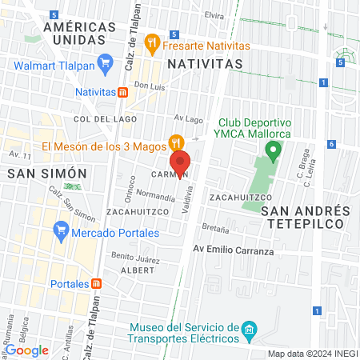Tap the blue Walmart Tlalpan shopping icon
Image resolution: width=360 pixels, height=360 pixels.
pyautogui.click(x=104, y=62)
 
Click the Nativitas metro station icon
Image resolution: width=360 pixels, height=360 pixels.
pyautogui.click(x=122, y=91)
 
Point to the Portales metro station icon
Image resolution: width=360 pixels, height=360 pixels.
pyautogui.click(x=96, y=284)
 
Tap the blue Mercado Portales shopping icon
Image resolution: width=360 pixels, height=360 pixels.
pyautogui.click(x=60, y=233)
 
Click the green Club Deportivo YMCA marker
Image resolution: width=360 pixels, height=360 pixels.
pyautogui.click(x=274, y=148)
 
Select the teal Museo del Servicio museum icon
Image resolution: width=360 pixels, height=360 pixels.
pyautogui.click(x=249, y=330)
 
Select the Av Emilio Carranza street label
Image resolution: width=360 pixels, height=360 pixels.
pyautogui.click(x=234, y=250)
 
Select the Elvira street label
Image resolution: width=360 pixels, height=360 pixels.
pyautogui.click(x=214, y=15)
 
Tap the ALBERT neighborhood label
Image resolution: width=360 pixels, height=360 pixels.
pyautogui.click(x=136, y=270)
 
